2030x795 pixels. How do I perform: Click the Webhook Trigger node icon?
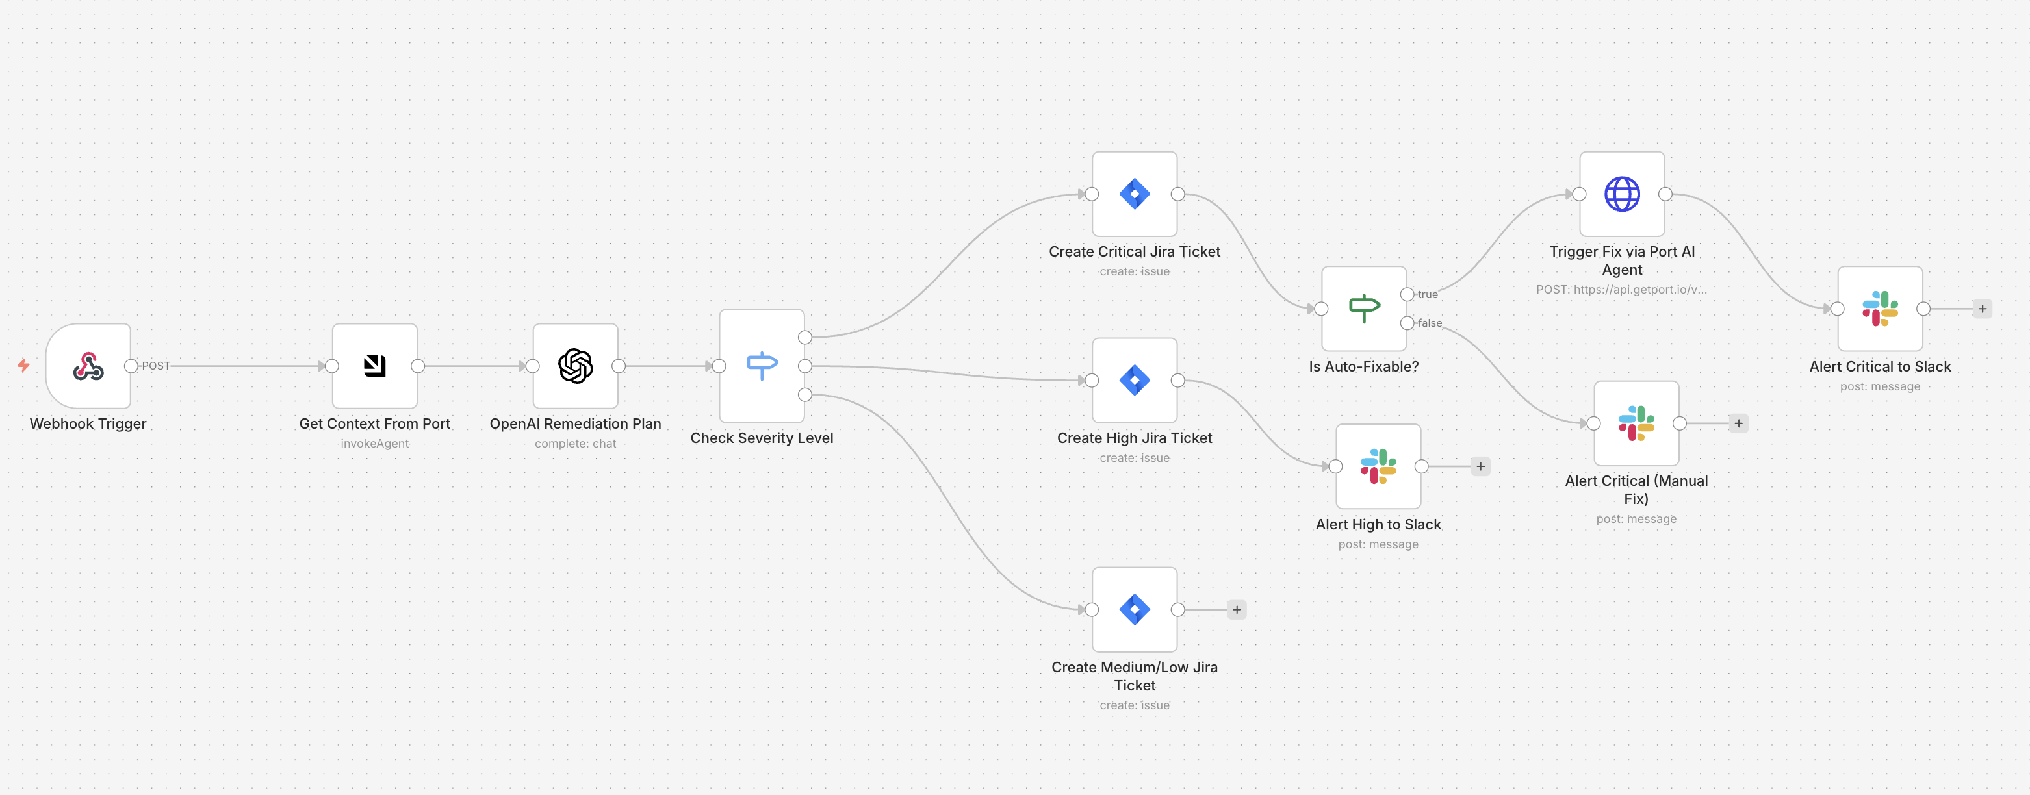[x=88, y=366]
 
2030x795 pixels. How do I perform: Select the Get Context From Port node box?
[x=374, y=366]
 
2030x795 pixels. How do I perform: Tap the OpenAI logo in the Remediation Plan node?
[x=575, y=366]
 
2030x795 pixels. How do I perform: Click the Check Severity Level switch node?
[x=762, y=366]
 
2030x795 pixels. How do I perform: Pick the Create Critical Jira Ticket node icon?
[x=1135, y=194]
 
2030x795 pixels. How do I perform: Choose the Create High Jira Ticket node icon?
[x=1135, y=380]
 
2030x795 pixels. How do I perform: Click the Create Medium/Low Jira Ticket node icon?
[x=1135, y=609]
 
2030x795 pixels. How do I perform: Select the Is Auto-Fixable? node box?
[x=1364, y=308]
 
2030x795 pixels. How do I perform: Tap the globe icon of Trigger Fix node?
[x=1622, y=194]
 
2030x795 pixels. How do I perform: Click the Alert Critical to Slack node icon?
[x=1881, y=308]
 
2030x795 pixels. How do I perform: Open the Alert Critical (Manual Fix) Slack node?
[x=1636, y=423]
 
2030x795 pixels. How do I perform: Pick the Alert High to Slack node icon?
[x=1378, y=466]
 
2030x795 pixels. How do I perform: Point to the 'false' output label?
[x=1430, y=323]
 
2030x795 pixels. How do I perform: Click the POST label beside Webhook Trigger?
[x=156, y=366]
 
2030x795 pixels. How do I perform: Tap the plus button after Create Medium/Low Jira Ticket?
[x=1237, y=609]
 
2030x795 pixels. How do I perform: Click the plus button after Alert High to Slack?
[x=1481, y=466]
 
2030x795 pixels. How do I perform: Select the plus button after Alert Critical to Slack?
[x=1983, y=308]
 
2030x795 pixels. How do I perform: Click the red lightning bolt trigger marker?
[x=23, y=365]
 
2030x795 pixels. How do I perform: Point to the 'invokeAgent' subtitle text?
[x=374, y=444]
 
